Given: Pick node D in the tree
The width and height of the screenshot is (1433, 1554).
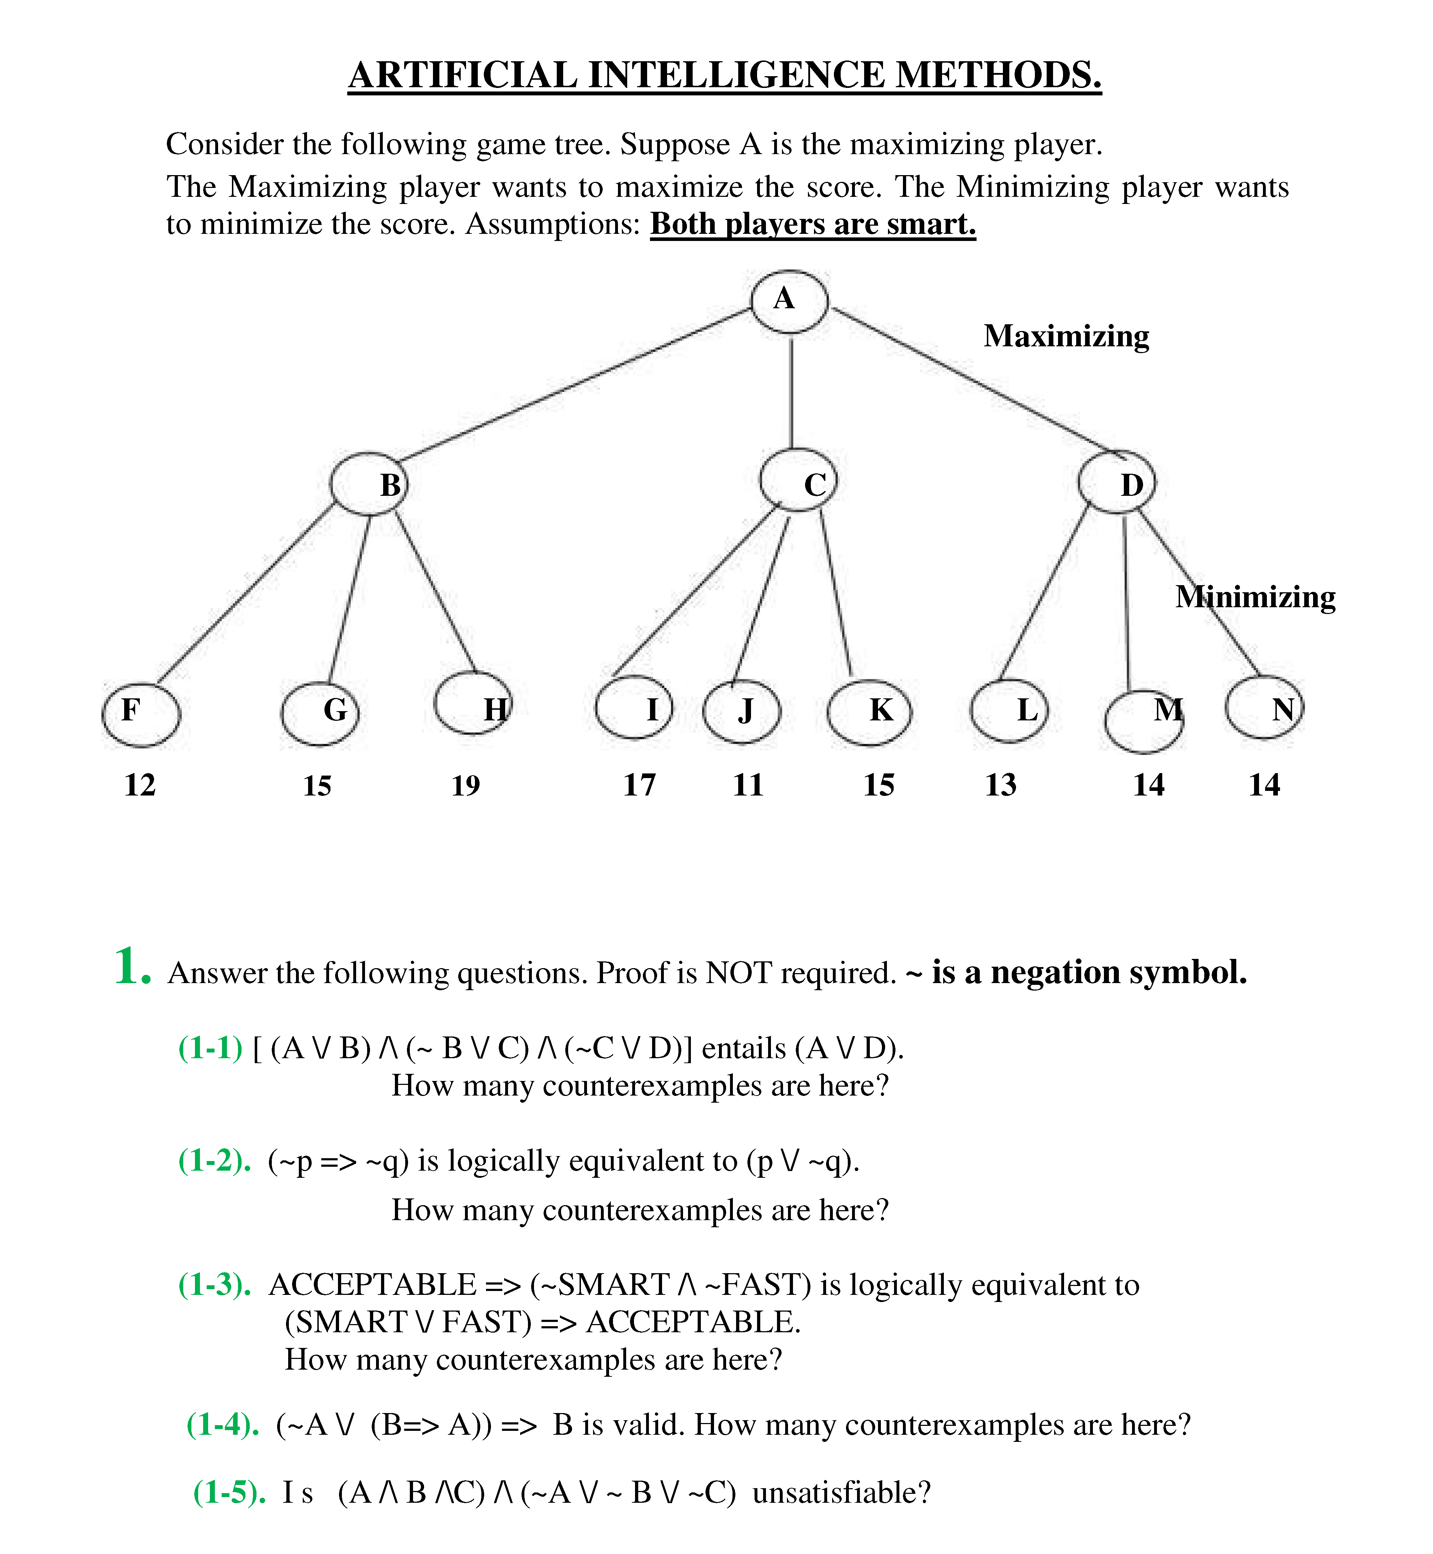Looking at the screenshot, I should click(x=1117, y=482).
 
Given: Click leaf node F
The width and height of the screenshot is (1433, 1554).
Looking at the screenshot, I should click(x=141, y=714).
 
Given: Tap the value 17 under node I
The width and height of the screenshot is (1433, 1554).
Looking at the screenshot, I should click(x=640, y=785).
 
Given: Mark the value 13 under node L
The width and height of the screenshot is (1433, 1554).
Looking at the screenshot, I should click(x=1000, y=785).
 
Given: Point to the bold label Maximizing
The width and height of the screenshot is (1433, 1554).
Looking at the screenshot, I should click(x=1066, y=336).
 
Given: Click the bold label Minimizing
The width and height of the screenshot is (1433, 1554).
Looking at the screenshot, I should click(x=1255, y=597).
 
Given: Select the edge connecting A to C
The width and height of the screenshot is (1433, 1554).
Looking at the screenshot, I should click(x=792, y=392).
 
